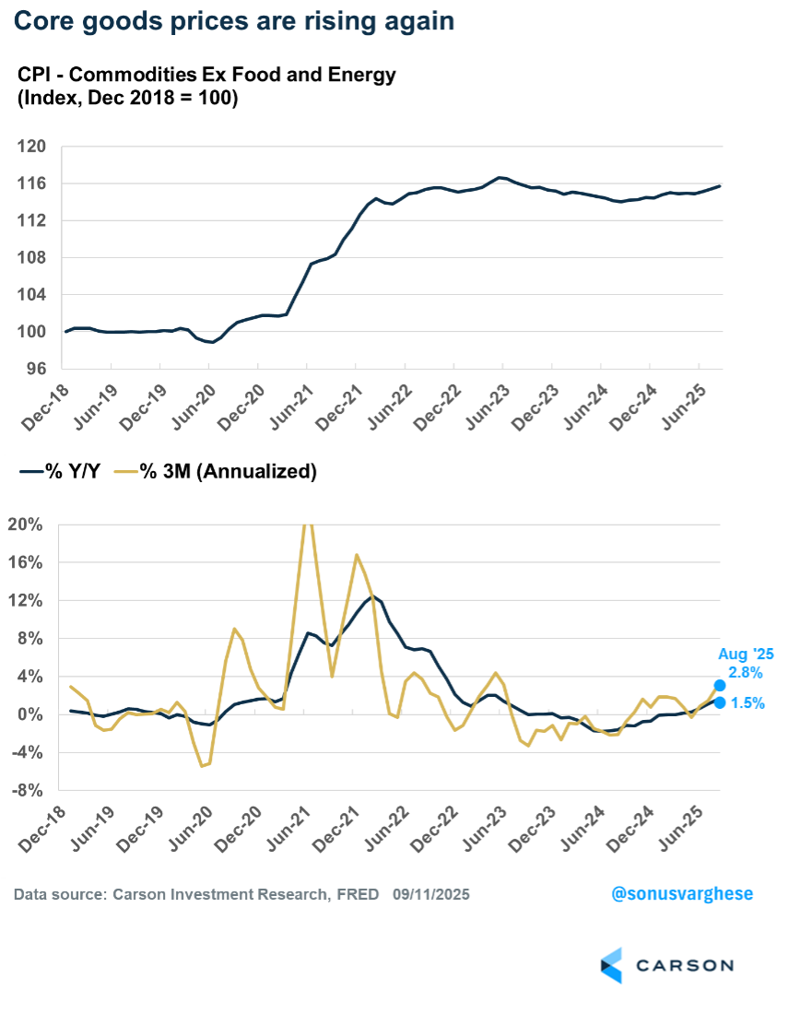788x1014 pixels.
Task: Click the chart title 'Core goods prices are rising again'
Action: click(x=234, y=20)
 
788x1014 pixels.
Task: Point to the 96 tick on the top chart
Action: click(x=34, y=369)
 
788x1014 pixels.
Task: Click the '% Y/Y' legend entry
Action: click(x=63, y=471)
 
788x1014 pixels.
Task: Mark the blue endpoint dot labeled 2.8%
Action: click(x=719, y=685)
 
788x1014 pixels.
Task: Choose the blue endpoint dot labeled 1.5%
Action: click(x=719, y=703)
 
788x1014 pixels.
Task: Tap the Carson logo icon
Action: click(x=612, y=964)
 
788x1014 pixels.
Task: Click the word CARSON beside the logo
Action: click(x=684, y=965)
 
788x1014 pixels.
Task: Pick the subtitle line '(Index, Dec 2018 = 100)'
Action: click(x=128, y=99)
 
